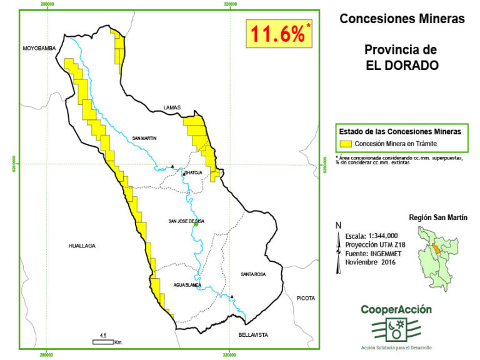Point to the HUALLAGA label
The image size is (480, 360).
pyautogui.click(x=82, y=246)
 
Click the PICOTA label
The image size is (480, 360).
pyautogui.click(x=306, y=298)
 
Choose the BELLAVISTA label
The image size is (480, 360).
pyautogui.click(x=252, y=335)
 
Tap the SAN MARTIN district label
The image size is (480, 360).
pyautogui.click(x=144, y=138)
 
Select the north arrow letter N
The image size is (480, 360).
pyautogui.click(x=338, y=226)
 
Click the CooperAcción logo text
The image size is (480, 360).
pyautogui.click(x=396, y=309)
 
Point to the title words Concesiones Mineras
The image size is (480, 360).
pyautogui.click(x=402, y=19)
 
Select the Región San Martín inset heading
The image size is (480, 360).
pyautogui.click(x=437, y=217)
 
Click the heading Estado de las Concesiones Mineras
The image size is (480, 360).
pyautogui.click(x=400, y=132)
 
